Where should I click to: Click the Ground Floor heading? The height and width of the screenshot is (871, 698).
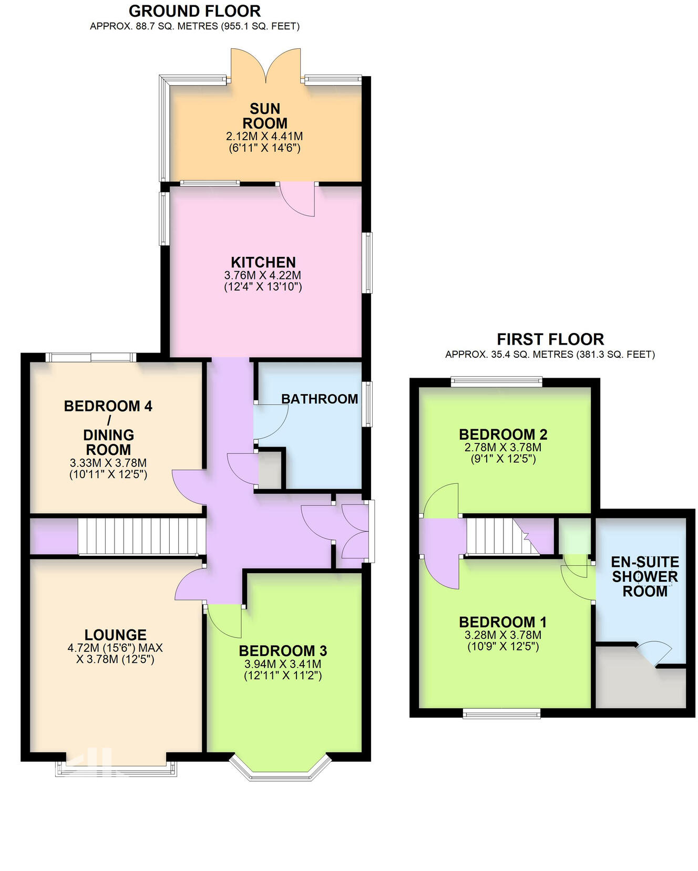194,11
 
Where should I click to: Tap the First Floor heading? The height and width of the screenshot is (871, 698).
550,339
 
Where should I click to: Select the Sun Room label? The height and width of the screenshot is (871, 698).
265,116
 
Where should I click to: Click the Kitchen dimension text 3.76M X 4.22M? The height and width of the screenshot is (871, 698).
263,275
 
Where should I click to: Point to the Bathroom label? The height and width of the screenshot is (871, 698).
319,399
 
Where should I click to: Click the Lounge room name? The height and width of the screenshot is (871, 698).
116,635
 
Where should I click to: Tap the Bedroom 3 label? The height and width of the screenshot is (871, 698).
283,650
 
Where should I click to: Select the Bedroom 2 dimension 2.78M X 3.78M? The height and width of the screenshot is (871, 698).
503,448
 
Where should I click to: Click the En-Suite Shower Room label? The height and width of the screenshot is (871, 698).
645,576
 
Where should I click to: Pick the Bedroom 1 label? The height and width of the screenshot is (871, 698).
503,622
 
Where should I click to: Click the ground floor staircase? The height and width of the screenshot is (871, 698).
141,536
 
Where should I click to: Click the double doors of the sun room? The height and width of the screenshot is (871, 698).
266,66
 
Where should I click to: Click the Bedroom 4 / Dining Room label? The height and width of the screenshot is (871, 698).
108,427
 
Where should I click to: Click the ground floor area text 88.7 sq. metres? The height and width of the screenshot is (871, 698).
194,26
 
